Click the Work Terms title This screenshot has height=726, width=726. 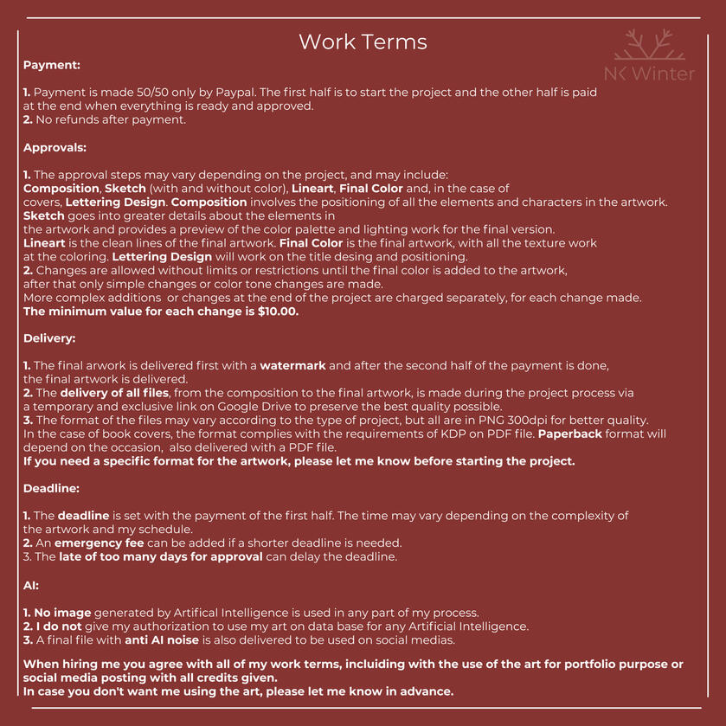coord(363,42)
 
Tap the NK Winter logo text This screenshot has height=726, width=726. coord(649,74)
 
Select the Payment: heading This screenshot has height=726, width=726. coord(51,65)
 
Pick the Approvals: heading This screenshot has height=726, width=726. coord(55,147)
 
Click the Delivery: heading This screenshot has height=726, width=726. coord(50,338)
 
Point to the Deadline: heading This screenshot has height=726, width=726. coord(52,488)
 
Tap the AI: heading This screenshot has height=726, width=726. coord(31,585)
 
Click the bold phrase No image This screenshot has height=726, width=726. coord(62,612)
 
